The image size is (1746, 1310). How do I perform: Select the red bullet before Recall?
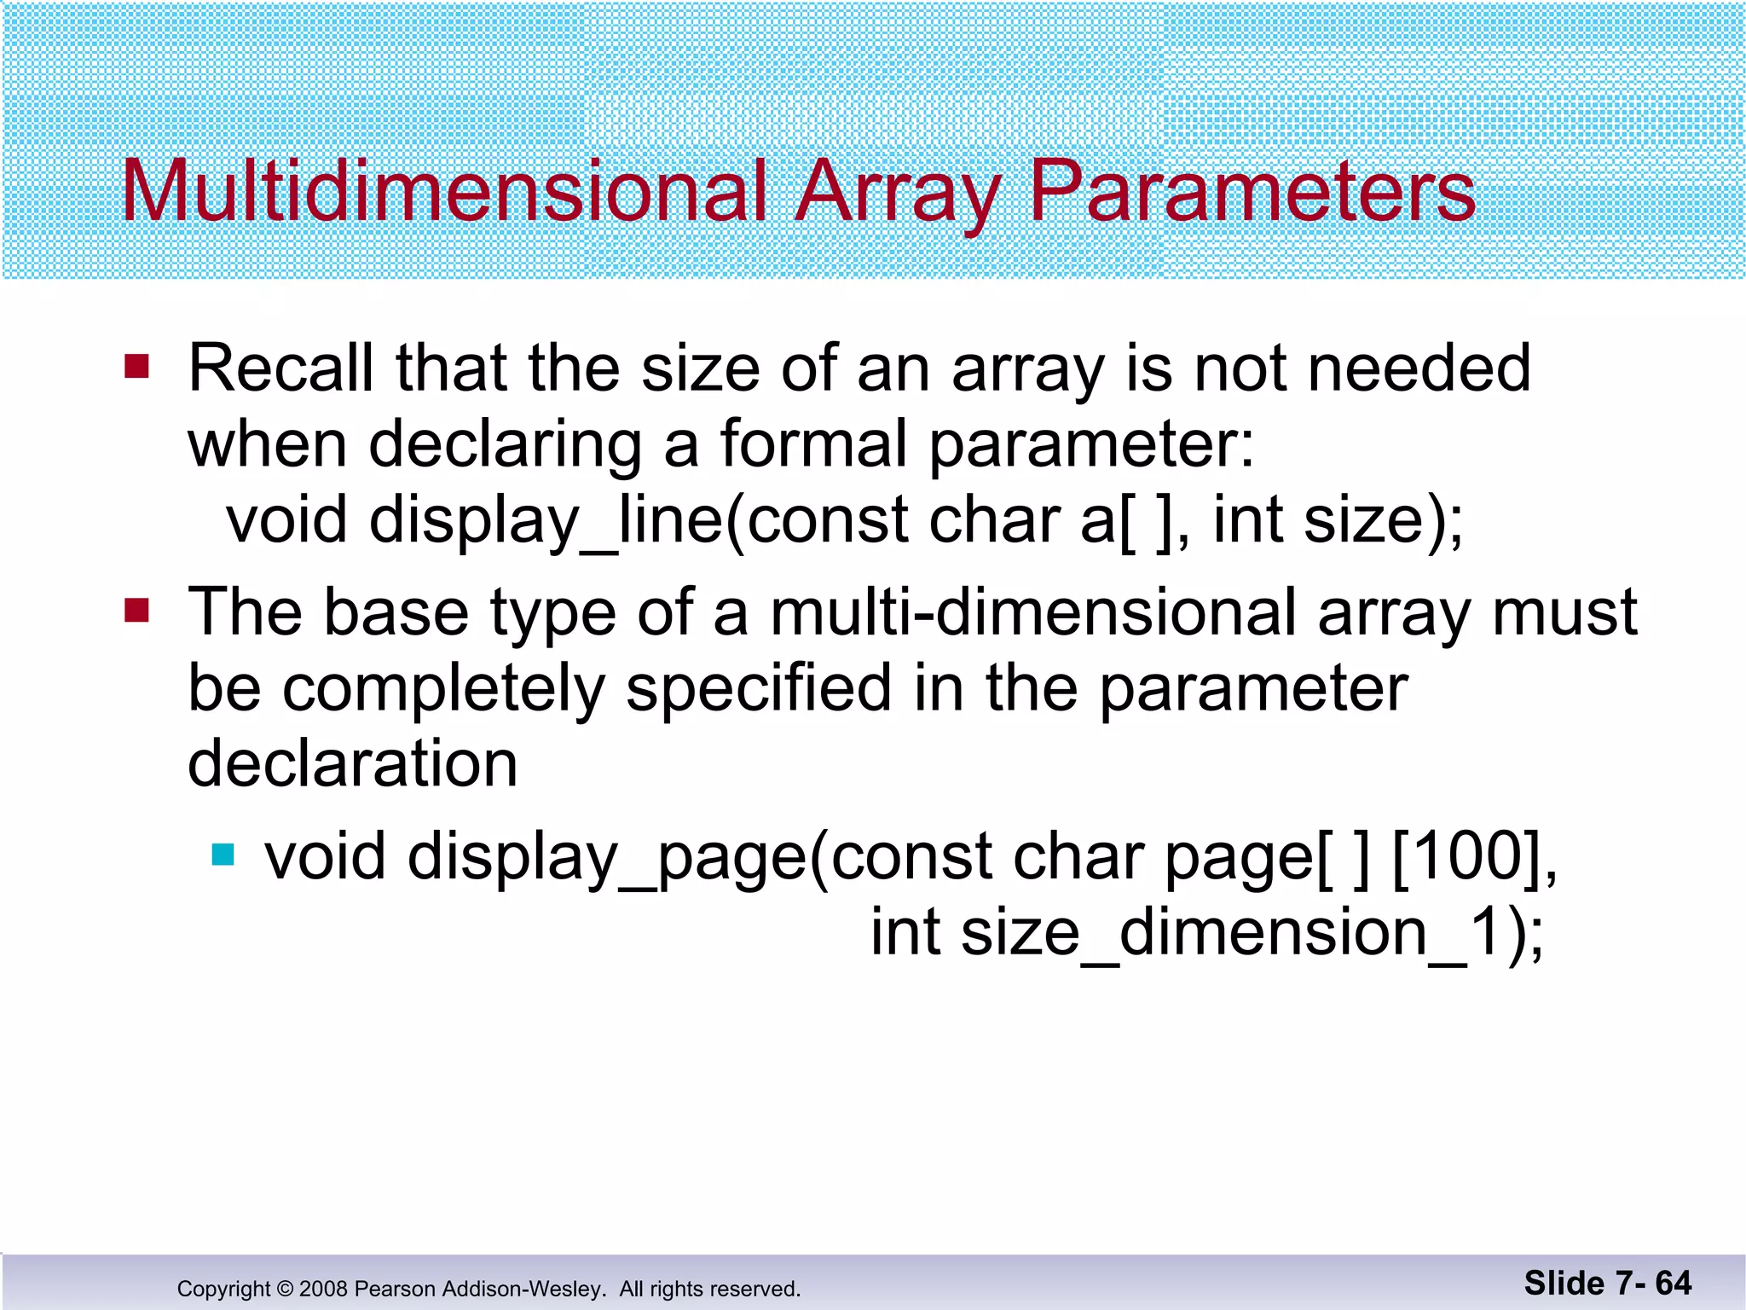tap(136, 368)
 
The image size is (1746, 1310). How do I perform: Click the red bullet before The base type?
tap(136, 611)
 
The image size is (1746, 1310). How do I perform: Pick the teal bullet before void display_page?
tap(223, 855)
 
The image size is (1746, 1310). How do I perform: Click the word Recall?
tap(280, 368)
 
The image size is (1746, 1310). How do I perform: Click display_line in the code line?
tap(546, 521)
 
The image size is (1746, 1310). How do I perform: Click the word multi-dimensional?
tap(1032, 612)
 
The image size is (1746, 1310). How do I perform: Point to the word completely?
tap(443, 689)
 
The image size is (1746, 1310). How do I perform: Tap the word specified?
tap(758, 689)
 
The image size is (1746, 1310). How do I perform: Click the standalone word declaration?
tap(353, 763)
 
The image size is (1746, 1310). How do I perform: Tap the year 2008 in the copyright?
tap(323, 1289)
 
